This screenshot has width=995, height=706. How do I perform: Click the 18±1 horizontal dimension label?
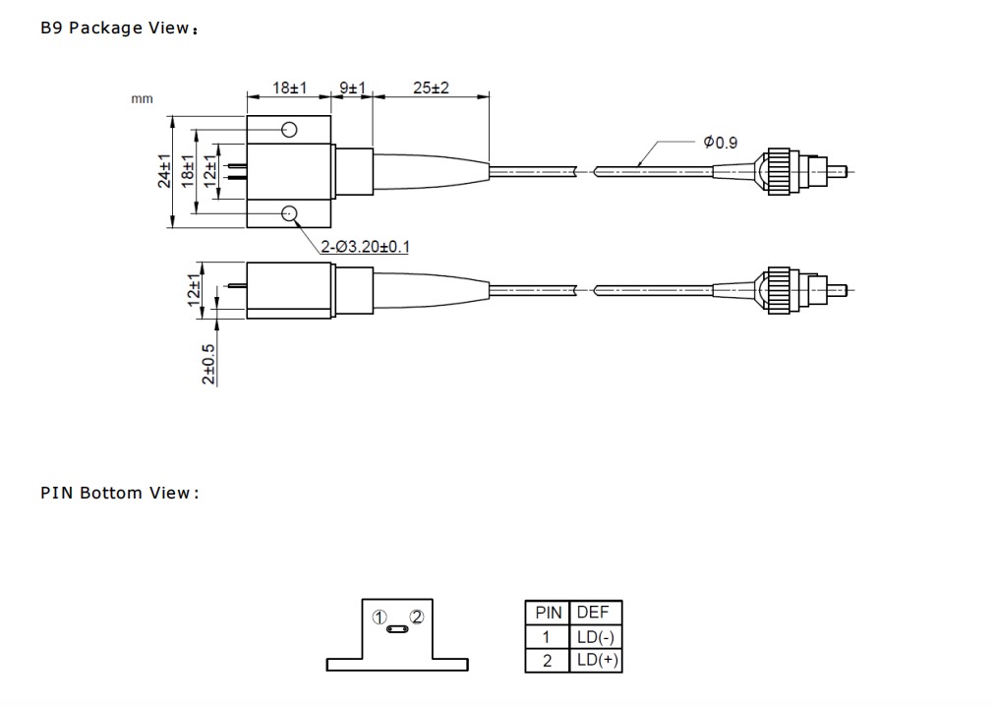(x=289, y=87)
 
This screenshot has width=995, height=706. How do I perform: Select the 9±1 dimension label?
(x=352, y=87)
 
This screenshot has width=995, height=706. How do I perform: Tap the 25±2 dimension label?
(x=431, y=88)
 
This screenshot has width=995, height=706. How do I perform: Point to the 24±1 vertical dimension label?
(x=164, y=171)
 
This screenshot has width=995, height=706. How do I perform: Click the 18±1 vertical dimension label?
(x=188, y=171)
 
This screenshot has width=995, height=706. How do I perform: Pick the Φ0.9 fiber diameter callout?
(x=721, y=143)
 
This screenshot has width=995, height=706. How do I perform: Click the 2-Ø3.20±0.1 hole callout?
(x=365, y=247)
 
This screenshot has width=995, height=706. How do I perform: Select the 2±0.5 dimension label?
(x=208, y=365)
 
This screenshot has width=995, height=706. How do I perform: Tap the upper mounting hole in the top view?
(x=289, y=130)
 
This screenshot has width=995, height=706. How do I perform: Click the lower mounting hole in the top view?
(x=289, y=213)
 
